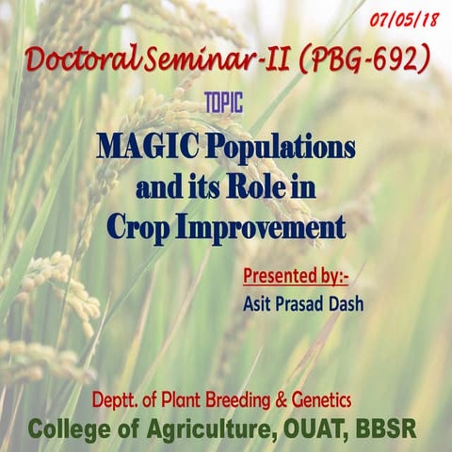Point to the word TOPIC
coord(223,104)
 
